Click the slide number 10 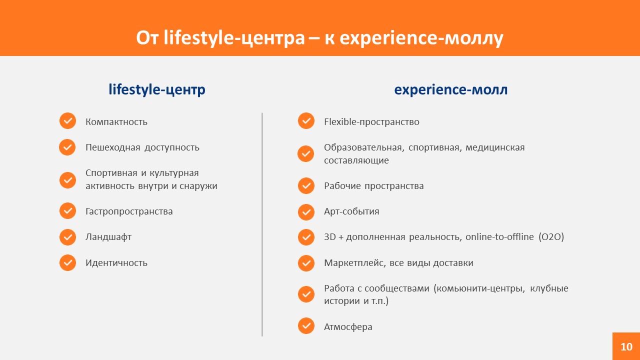point(626,347)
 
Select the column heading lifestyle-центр point(157,89)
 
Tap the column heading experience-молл point(451,89)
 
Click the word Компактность point(116,122)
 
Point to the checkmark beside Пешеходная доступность point(67,147)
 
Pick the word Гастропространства point(129,211)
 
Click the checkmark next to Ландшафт point(67,237)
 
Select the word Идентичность point(116,263)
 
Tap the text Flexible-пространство point(371,122)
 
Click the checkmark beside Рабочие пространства point(306,185)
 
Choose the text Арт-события point(351,211)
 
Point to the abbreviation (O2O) point(551,237)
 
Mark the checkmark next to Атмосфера point(306,325)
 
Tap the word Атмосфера point(348,327)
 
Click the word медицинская point(495,147)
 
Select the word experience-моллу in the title point(421,38)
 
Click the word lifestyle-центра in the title point(234,38)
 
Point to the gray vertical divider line point(262,224)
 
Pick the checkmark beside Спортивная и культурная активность point(67,180)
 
